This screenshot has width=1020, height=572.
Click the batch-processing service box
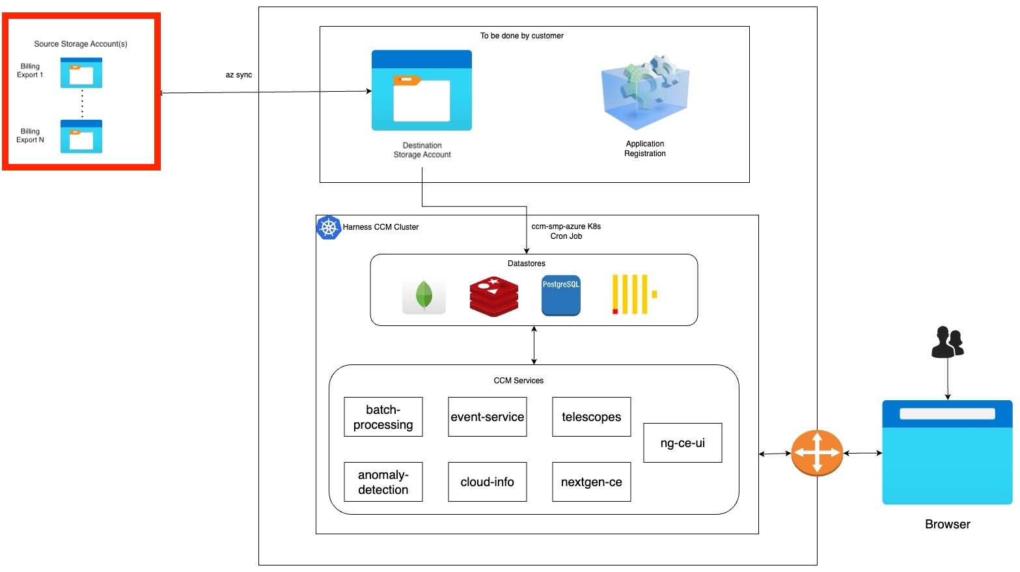pyautogui.click(x=383, y=417)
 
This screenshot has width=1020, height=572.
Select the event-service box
pyautogui.click(x=487, y=417)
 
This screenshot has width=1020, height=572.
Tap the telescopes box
pyautogui.click(x=591, y=417)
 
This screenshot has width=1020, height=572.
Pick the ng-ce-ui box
pyautogui.click(x=682, y=443)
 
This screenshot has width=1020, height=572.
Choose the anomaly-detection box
pyautogui.click(x=383, y=482)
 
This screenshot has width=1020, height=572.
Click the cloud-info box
pyautogui.click(x=487, y=482)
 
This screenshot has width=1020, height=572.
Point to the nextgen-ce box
pyautogui.click(x=591, y=482)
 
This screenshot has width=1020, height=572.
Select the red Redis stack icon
pyautogui.click(x=494, y=296)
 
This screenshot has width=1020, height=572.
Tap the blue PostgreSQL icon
pyautogui.click(x=560, y=295)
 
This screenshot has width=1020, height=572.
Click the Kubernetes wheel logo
pyautogui.click(x=329, y=228)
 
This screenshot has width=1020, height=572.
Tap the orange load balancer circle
pyautogui.click(x=817, y=453)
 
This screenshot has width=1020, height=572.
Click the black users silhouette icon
pyautogui.click(x=947, y=342)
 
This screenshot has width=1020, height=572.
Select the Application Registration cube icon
pyautogui.click(x=644, y=92)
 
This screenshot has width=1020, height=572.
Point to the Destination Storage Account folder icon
pyautogui.click(x=421, y=90)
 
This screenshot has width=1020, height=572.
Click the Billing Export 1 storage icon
pyautogui.click(x=81, y=73)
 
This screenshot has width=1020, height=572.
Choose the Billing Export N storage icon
pyautogui.click(x=81, y=137)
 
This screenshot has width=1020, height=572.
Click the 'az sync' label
pyautogui.click(x=239, y=75)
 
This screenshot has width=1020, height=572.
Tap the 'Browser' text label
pyautogui.click(x=947, y=524)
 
